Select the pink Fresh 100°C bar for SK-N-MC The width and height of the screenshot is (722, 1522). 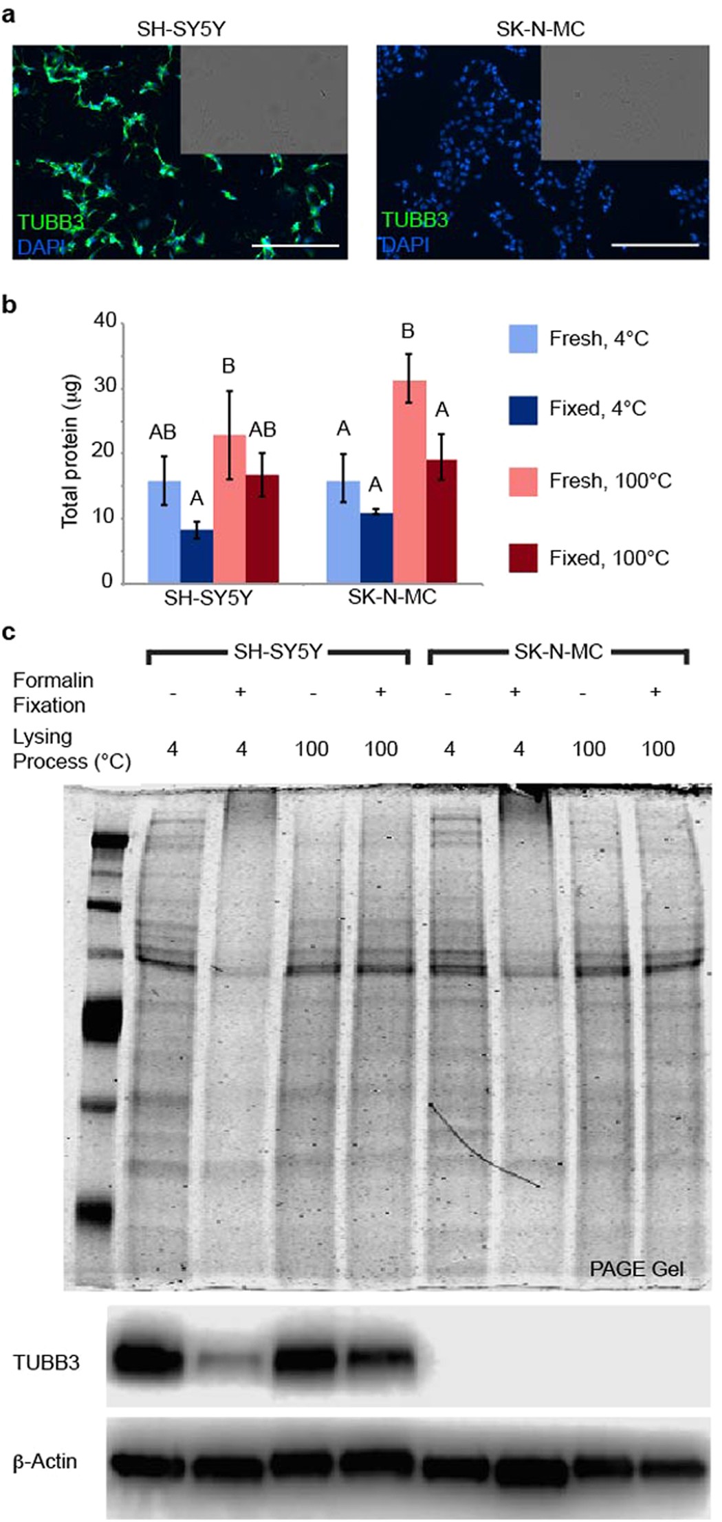[x=409, y=481]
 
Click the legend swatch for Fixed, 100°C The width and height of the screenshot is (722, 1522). [x=523, y=557]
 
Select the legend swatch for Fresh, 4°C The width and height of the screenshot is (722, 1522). [x=523, y=338]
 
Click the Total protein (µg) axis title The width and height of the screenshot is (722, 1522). [x=71, y=452]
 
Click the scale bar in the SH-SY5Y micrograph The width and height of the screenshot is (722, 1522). [x=296, y=245]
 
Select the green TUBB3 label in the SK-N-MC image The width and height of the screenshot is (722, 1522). [x=414, y=220]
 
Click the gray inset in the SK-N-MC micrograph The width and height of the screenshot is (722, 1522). [x=624, y=103]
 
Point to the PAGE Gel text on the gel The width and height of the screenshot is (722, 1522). [x=636, y=1269]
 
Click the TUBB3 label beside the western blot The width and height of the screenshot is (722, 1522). [x=46, y=1362]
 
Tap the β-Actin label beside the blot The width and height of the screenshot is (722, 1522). [x=45, y=1461]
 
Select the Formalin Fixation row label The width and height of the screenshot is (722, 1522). [x=52, y=692]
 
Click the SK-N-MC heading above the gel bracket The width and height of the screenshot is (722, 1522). [x=558, y=651]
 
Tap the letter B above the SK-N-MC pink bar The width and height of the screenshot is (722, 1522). [x=408, y=331]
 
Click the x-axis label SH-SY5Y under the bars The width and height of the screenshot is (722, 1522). [x=208, y=598]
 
